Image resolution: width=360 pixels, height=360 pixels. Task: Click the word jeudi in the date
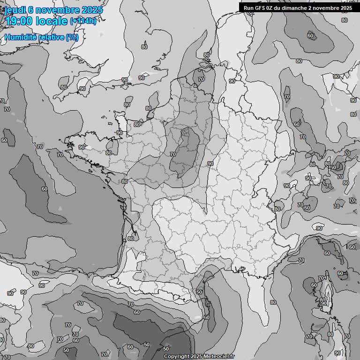point(13,9)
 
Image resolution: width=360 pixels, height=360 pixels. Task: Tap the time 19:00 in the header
point(19,21)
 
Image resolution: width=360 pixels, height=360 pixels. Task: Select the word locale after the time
point(54,21)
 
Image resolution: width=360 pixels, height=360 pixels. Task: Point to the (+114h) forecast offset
point(83,21)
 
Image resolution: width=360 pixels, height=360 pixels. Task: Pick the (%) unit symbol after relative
point(72,37)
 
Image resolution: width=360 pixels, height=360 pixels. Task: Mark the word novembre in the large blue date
point(57,9)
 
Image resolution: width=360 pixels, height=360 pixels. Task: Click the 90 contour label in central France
point(210,164)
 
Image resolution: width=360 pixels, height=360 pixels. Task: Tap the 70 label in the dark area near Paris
point(172,154)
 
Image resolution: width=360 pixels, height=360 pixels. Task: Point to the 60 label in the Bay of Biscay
point(44,189)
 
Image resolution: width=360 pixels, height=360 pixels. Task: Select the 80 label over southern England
point(144,47)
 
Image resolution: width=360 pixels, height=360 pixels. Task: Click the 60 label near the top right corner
point(310,36)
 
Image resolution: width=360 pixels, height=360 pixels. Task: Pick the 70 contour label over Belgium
point(201,79)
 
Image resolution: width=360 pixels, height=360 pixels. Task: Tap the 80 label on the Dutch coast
point(207,55)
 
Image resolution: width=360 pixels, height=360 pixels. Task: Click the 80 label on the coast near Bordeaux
point(130,238)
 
